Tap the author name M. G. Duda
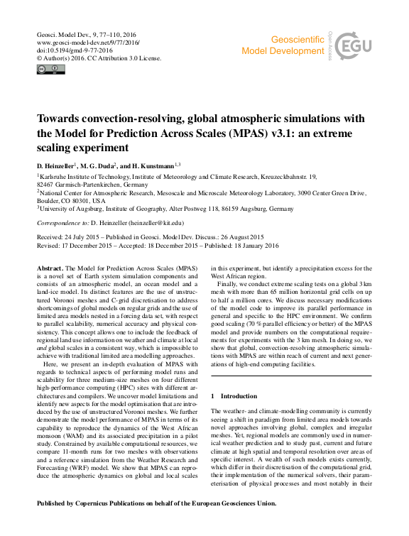(104, 165)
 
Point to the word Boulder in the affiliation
(47, 200)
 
